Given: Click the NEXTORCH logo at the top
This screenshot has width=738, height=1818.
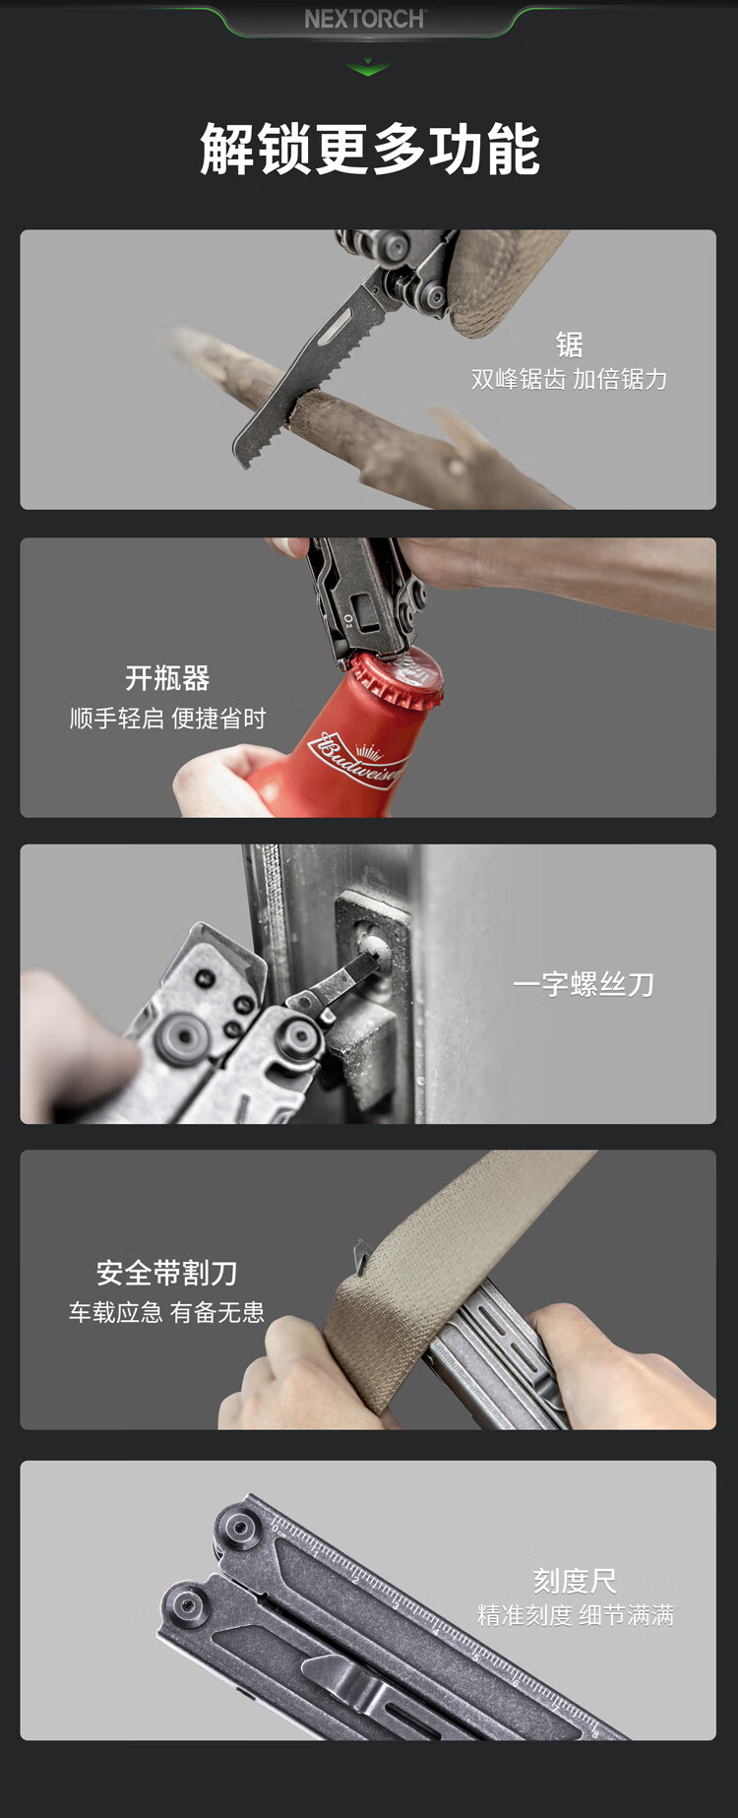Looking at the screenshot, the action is pos(365,19).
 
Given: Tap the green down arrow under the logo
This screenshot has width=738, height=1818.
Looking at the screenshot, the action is pos(368,68).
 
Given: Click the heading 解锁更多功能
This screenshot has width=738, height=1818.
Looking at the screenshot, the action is pos(369,150).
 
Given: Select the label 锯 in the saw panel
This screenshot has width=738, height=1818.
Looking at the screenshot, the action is pos(569,345).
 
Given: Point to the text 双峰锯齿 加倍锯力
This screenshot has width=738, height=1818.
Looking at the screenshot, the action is pos(569,380).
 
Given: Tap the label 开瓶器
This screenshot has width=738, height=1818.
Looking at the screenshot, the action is pos(167,678).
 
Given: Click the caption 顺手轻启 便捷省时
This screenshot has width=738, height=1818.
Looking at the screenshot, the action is pos(167,719).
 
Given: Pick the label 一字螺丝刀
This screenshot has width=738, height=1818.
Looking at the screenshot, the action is pos(584,984).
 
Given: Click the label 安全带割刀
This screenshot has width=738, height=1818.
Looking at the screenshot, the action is pos(166,1273).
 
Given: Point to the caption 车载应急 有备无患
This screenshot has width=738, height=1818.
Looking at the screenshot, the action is pos(166,1312).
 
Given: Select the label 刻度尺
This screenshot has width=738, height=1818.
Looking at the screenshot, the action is pos(575,1581).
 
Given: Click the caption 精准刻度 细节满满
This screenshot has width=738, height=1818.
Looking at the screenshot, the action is pos(576,1615).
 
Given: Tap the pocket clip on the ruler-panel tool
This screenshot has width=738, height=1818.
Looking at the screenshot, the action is pos(354,1684).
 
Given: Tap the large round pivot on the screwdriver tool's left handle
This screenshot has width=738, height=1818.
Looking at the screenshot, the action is pos(184,1035).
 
